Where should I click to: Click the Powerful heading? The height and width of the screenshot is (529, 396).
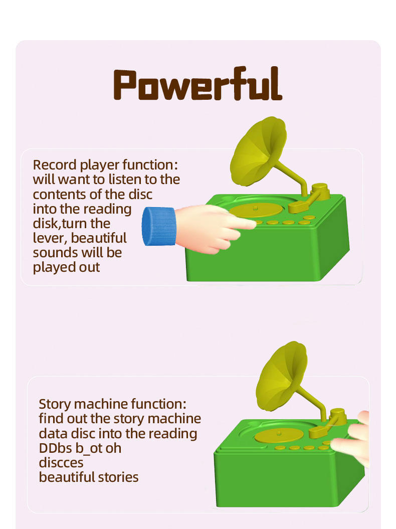[x=197, y=84]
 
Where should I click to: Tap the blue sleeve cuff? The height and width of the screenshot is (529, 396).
[x=158, y=226]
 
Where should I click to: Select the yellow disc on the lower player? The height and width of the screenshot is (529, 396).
[x=279, y=435]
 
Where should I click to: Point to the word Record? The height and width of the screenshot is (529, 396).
[x=55, y=165]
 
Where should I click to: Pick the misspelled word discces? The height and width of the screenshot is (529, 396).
[x=61, y=463]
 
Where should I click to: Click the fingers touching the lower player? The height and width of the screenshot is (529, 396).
[x=351, y=439]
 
